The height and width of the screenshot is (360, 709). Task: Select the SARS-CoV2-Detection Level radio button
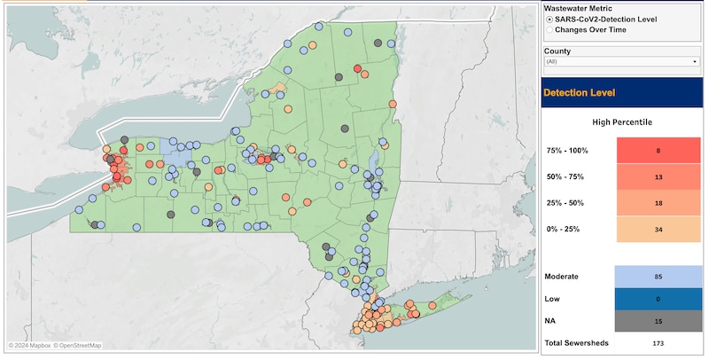coord(551,19)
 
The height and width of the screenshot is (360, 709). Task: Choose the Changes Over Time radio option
coord(551,29)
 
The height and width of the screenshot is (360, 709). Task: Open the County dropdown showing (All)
coord(622,62)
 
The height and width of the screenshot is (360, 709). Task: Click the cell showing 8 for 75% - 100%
coord(658,151)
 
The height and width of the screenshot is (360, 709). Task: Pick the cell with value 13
coord(658,177)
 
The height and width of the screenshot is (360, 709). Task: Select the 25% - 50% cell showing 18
coord(658,203)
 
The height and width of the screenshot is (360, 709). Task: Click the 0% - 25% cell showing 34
coord(658,230)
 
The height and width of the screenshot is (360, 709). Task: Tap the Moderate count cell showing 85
coord(658,277)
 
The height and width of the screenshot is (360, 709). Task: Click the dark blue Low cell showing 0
coord(658,299)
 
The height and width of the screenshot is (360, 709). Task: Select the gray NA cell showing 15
coord(658,320)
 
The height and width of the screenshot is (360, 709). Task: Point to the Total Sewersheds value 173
coord(658,342)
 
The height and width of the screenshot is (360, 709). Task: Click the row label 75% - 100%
coord(567,151)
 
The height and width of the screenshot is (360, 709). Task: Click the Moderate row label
coord(562,277)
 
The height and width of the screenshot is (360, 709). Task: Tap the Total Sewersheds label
coord(576,342)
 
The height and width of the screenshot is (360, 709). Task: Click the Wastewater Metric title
coord(578,7)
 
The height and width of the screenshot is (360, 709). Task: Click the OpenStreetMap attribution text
coord(79,346)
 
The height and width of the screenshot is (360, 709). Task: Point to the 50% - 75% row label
coord(565,177)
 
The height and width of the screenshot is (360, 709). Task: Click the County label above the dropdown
coord(558,51)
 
